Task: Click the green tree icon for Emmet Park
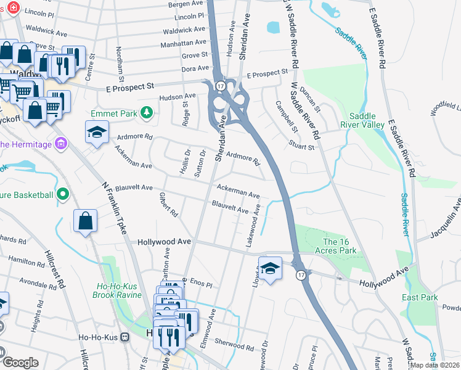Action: pyautogui.click(x=147, y=112)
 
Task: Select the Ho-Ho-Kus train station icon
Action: pyautogui.click(x=125, y=337)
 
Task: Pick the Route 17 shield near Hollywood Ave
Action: pyautogui.click(x=300, y=274)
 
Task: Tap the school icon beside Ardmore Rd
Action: pyautogui.click(x=97, y=133)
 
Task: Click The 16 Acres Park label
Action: pyautogui.click(x=340, y=246)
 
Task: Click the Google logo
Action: pyautogui.click(x=20, y=363)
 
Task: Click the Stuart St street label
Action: pyautogui.click(x=302, y=147)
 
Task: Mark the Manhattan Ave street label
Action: pyautogui.click(x=184, y=43)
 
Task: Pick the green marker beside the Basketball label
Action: pyautogui.click(x=62, y=195)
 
